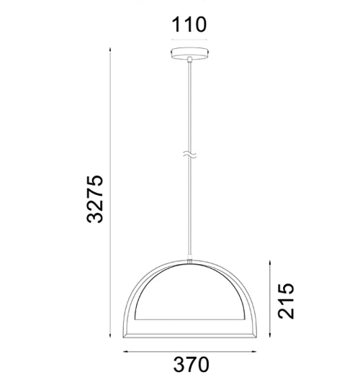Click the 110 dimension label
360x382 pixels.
[189, 24]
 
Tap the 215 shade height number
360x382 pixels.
[287, 301]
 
